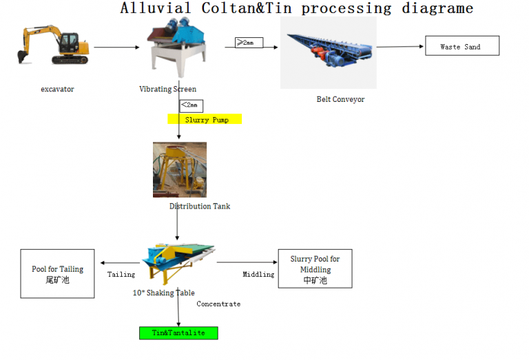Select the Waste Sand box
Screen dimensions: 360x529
(461, 46)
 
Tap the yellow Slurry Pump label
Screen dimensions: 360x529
(205, 119)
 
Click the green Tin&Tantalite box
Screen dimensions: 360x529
(178, 333)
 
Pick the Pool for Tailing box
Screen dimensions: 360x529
(58, 273)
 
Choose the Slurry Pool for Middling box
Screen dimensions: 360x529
(314, 268)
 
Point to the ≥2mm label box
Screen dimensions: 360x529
(248, 43)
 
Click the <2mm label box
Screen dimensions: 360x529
(190, 105)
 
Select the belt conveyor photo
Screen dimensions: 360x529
(328, 53)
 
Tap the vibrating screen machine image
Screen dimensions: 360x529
(180, 47)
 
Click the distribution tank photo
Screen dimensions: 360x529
(179, 170)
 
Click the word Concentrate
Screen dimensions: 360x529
(218, 304)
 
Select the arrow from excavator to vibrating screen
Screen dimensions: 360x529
(116, 47)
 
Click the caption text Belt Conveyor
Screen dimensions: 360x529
(340, 99)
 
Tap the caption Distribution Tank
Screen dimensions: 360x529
(200, 206)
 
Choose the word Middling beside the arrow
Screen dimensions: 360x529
(258, 275)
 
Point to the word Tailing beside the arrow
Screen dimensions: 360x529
(121, 275)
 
